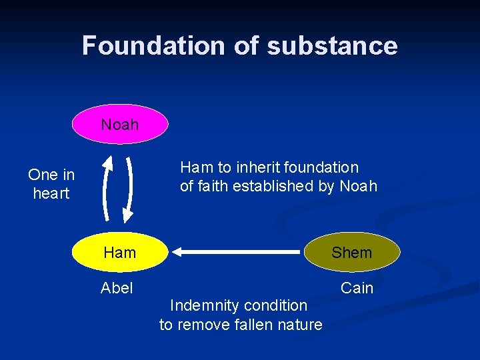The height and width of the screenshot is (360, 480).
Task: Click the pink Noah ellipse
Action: coord(120,124)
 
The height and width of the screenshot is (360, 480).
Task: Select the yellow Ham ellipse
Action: coord(120,253)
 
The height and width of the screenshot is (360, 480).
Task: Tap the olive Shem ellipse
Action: coord(351,253)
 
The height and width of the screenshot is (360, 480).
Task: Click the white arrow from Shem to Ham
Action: coord(237,252)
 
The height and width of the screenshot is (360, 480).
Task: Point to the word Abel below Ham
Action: coord(117,288)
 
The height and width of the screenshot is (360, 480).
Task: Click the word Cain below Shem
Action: coord(357,288)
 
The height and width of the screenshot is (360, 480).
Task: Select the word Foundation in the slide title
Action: coord(153,45)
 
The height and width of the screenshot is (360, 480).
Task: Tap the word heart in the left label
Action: coord(51,193)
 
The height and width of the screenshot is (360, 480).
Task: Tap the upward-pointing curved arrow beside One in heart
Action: coord(105,187)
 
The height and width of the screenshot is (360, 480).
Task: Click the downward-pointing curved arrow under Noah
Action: coord(129,187)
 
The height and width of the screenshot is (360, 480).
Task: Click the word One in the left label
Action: coord(42,175)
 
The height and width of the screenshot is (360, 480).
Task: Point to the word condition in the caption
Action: coord(275,305)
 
